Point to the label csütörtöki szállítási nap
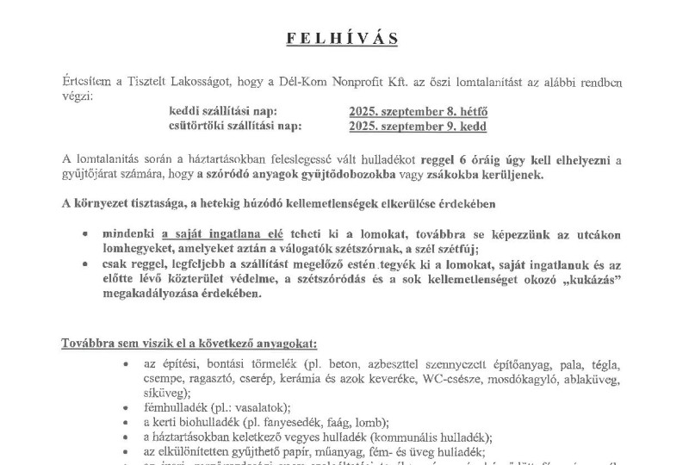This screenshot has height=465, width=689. (x=236, y=127)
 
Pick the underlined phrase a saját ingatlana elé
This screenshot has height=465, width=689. (x=211, y=233)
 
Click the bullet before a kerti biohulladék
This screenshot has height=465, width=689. (x=126, y=422)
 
